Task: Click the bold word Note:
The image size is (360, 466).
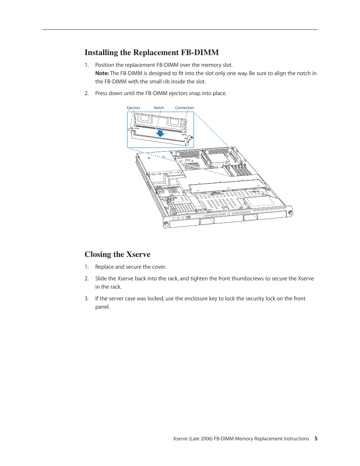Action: click(102, 73)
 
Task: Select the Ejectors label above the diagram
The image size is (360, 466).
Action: click(133, 108)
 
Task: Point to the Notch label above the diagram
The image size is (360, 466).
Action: click(158, 108)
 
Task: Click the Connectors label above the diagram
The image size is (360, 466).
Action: click(185, 108)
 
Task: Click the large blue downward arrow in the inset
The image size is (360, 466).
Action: click(160, 133)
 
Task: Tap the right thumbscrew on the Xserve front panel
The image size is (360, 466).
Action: click(290, 213)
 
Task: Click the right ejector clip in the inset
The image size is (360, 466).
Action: click(189, 138)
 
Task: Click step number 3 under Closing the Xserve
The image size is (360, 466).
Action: click(86, 298)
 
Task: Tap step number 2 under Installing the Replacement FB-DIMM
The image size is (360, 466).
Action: click(86, 93)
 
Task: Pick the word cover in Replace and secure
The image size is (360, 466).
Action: click(158, 267)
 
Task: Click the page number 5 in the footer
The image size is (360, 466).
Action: click(316, 438)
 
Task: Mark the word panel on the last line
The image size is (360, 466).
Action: click(102, 307)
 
